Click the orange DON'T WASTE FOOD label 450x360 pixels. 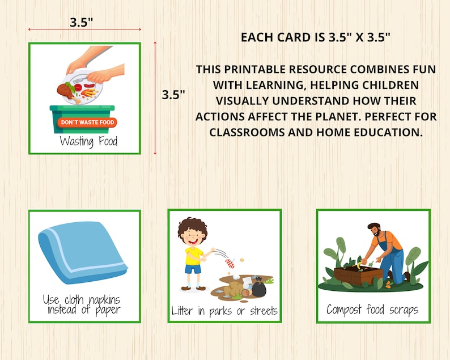87,122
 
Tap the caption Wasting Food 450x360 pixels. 88,141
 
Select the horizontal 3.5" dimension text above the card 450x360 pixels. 82,23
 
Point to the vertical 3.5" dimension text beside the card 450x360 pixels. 173,95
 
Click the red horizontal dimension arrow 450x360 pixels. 84,30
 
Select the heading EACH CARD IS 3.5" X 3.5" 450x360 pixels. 315,37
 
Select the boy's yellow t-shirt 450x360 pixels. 193,256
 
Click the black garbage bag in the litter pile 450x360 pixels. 258,288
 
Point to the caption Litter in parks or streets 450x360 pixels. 224,311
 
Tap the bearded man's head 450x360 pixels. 375,230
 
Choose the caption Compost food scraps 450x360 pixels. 372,310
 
